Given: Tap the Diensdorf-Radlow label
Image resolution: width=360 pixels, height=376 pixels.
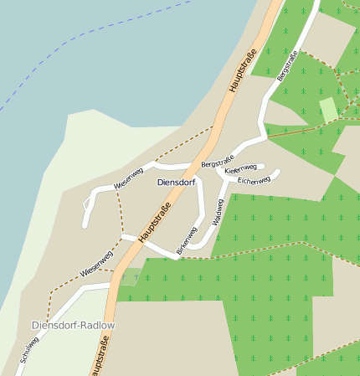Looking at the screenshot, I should pyautogui.click(x=73, y=325).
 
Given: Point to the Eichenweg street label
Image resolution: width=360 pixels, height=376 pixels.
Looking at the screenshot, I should pyautogui.click(x=253, y=180).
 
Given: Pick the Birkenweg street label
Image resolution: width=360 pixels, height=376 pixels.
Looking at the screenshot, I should pyautogui.click(x=185, y=240).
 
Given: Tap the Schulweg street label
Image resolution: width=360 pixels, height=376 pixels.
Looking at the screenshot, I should pyautogui.click(x=29, y=350).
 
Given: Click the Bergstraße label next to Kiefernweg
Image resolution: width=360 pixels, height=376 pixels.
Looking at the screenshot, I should pyautogui.click(x=217, y=159).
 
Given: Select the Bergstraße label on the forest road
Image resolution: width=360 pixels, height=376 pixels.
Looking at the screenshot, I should pyautogui.click(x=286, y=67).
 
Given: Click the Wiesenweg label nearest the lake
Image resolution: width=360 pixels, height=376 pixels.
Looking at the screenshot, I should pyautogui.click(x=122, y=178).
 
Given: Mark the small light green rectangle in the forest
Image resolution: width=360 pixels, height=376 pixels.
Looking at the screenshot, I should pyautogui.click(x=329, y=109).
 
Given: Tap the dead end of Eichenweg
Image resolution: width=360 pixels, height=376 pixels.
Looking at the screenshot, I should pyautogui.click(x=278, y=173).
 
